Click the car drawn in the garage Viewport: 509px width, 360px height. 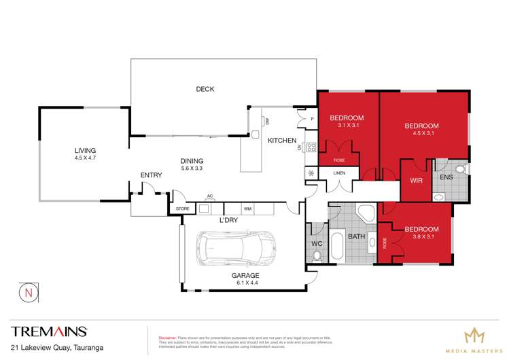click(236, 249)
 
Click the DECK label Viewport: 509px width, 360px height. click(205, 89)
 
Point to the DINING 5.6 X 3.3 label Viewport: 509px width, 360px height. click(192, 164)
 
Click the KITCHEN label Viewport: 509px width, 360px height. click(281, 141)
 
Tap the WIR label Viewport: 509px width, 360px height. click(417, 181)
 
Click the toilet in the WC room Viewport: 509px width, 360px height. click(317, 256)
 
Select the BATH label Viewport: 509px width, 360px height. click(357, 237)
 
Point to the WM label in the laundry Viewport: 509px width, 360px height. click(247, 209)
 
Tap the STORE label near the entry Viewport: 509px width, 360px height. click(182, 209)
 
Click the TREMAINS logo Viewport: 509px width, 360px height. click(49, 331)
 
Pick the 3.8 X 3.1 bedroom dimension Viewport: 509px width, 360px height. click(421, 238)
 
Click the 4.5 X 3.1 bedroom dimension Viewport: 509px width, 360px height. click(421, 133)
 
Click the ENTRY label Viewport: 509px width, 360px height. click(151, 175)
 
